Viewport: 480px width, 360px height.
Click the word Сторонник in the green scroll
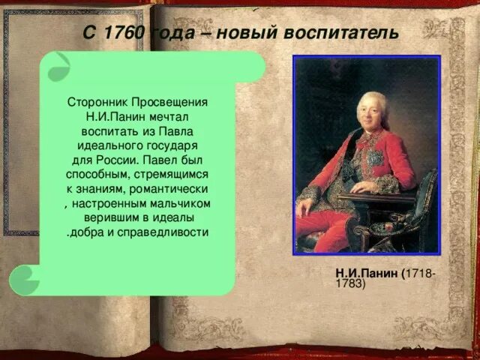click(98, 101)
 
